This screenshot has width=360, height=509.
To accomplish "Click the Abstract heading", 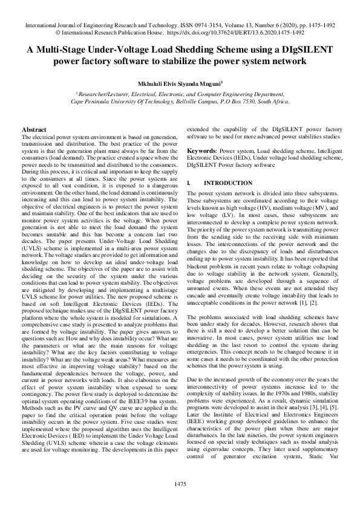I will click(x=34, y=130).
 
